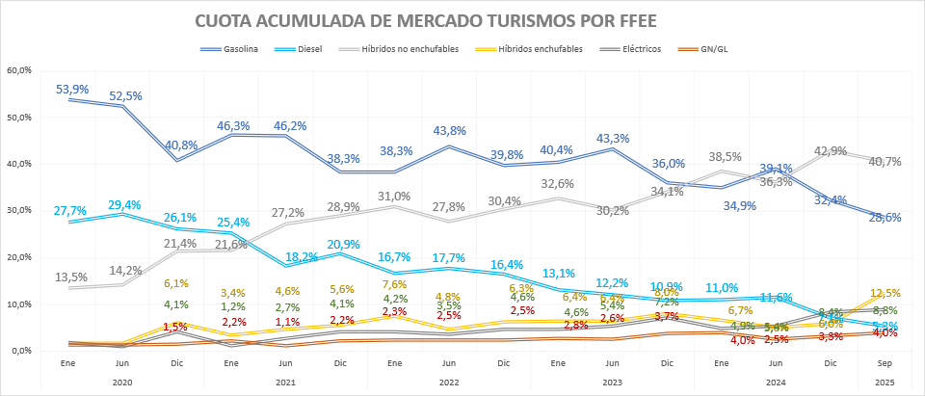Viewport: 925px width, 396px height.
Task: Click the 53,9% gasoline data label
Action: coord(72,89)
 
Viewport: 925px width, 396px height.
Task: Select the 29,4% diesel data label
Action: coord(126,204)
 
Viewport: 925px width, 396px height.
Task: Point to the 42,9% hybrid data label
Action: coord(830,151)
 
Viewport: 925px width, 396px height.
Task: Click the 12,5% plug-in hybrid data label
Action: coord(885,293)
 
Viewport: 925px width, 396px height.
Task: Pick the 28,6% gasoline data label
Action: coord(885,218)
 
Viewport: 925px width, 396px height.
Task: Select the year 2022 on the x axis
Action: coord(447,383)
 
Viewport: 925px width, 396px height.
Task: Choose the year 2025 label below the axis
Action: coord(885,383)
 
